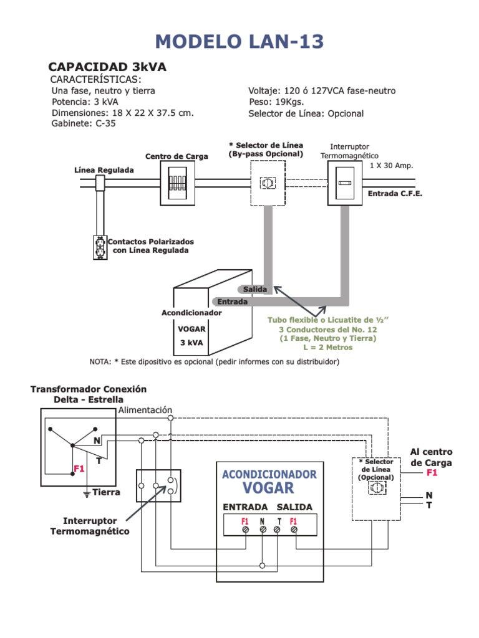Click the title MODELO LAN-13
pyautogui.click(x=239, y=42)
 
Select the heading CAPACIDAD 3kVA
pyautogui.click(x=107, y=67)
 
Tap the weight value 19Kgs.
pyautogui.click(x=289, y=102)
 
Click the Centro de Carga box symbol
pyautogui.click(x=177, y=183)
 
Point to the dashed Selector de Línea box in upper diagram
pyautogui.click(x=268, y=183)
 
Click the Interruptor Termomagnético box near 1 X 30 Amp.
pyautogui.click(x=345, y=183)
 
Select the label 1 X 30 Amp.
pyautogui.click(x=392, y=166)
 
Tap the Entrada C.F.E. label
pyautogui.click(x=395, y=194)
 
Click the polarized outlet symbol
pyautogui.click(x=100, y=247)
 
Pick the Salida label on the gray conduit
pyautogui.click(x=255, y=289)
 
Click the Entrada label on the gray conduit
pyautogui.click(x=232, y=302)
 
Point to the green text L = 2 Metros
pyautogui.click(x=328, y=348)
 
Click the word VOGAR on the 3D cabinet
pyautogui.click(x=191, y=329)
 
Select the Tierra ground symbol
pyautogui.click(x=87, y=494)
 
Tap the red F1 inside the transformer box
pyautogui.click(x=79, y=469)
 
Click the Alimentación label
pyautogui.click(x=145, y=410)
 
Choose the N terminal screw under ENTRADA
pyautogui.click(x=263, y=530)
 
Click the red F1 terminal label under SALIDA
pyautogui.click(x=293, y=521)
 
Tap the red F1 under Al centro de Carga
pyautogui.click(x=432, y=472)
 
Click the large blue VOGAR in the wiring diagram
pyautogui.click(x=268, y=488)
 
